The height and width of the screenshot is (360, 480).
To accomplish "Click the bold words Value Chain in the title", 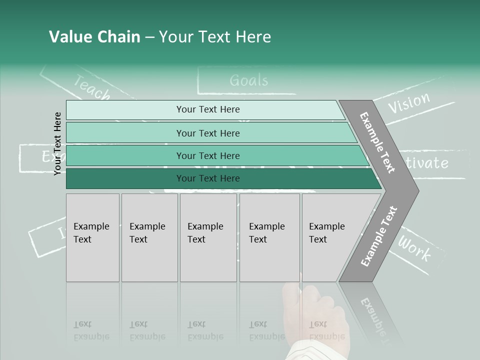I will click(x=94, y=37).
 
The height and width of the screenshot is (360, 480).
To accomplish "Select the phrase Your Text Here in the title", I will click(x=215, y=37).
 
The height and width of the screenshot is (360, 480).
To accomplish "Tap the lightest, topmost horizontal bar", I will click(x=205, y=109).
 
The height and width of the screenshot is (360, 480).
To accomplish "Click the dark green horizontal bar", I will click(x=220, y=178).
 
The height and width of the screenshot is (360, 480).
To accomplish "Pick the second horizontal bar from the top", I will click(x=210, y=133).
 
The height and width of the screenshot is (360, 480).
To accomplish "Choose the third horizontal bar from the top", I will click(x=215, y=155).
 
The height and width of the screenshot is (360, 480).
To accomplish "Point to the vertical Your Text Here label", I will click(x=57, y=143).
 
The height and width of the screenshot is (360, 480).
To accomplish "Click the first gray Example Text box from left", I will click(x=92, y=237).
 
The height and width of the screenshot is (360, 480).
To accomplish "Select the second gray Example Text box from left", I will click(x=149, y=237).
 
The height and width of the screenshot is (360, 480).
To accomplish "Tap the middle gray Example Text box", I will click(x=209, y=237).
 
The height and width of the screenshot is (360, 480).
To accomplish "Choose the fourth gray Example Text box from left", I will click(x=269, y=237).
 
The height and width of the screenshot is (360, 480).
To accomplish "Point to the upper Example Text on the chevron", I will click(x=377, y=142).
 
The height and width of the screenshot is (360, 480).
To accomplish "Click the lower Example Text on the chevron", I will click(x=378, y=236).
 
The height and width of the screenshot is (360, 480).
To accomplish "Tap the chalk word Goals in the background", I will click(x=248, y=80).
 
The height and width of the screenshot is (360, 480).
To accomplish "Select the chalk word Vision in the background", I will click(x=409, y=102).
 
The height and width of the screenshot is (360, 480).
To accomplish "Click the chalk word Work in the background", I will click(x=414, y=248).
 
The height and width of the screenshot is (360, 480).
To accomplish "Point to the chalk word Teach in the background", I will click(x=92, y=87).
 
